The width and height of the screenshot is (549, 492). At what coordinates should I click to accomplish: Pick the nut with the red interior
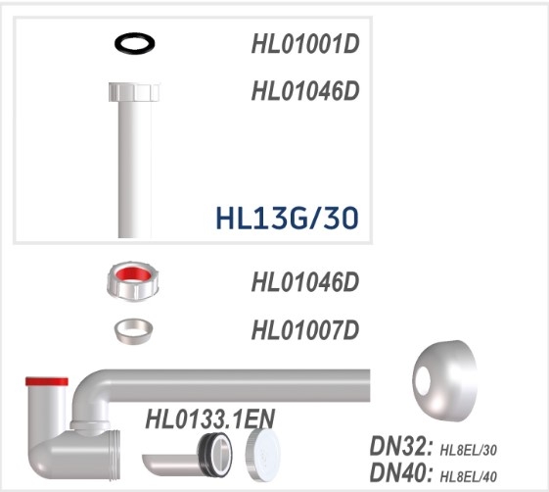[134, 282]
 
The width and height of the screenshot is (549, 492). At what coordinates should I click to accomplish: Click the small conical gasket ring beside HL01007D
[134, 329]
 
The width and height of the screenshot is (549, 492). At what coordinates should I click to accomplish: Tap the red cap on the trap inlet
[46, 381]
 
